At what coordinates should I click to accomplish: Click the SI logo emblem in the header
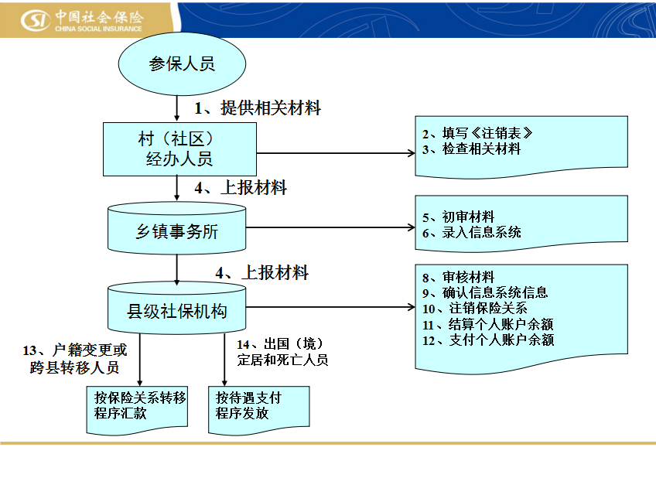click(35, 19)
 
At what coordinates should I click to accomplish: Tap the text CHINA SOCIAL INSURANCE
click(98, 29)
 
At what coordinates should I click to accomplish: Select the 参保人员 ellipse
click(182, 64)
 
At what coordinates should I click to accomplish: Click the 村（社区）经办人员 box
click(180, 149)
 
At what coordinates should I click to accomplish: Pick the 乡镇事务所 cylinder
click(177, 228)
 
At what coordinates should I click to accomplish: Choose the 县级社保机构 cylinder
click(177, 308)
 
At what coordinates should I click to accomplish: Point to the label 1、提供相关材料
click(258, 108)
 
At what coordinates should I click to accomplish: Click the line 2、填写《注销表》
click(477, 133)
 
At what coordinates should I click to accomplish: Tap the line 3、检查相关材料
click(472, 149)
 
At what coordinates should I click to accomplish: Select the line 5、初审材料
click(459, 217)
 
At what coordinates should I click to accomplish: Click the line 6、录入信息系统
click(472, 233)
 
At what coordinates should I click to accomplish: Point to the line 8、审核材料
click(459, 277)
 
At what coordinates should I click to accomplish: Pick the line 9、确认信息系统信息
click(485, 292)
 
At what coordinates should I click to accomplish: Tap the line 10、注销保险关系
click(475, 308)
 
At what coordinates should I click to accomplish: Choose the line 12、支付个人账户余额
click(488, 340)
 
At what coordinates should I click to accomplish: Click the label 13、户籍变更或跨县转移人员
click(75, 359)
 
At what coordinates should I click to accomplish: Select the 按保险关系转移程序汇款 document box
click(137, 410)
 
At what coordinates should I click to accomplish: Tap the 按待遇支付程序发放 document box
click(259, 410)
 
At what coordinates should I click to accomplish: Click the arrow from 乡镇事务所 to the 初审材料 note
click(330, 227)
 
